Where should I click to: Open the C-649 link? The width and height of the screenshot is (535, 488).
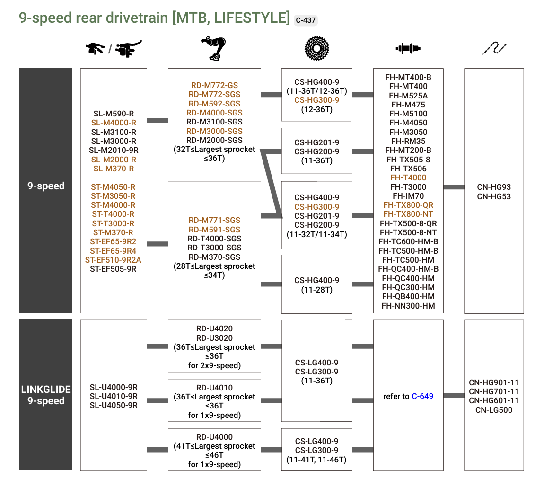click(x=422, y=396)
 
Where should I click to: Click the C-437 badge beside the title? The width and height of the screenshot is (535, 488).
click(x=306, y=20)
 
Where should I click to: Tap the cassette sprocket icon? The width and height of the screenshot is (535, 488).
click(x=316, y=48)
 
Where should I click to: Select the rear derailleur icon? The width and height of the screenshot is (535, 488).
click(x=214, y=48)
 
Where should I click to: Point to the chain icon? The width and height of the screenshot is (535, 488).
click(x=494, y=48)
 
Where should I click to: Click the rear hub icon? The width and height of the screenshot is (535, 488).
click(x=408, y=48)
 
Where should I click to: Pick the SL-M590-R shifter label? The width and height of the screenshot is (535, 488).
click(x=114, y=114)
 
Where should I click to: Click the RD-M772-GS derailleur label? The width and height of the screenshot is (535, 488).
click(x=214, y=85)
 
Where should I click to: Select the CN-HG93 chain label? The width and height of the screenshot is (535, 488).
click(x=494, y=187)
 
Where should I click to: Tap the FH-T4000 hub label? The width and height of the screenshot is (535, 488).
click(x=408, y=177)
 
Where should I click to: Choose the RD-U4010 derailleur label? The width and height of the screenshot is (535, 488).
click(x=214, y=388)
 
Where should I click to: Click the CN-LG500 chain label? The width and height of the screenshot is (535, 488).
click(x=494, y=410)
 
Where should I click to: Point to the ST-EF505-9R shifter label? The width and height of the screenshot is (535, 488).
click(x=113, y=269)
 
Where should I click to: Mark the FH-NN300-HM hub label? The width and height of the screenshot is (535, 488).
click(x=408, y=306)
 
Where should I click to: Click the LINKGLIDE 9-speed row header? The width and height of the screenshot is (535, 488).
click(x=46, y=395)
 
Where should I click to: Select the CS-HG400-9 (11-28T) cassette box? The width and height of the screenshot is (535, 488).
click(x=316, y=284)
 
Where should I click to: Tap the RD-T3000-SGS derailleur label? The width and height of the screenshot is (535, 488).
click(x=214, y=248)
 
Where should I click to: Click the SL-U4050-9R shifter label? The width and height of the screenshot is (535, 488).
click(x=114, y=405)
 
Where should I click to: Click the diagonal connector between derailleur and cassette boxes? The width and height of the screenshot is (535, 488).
click(x=272, y=184)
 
